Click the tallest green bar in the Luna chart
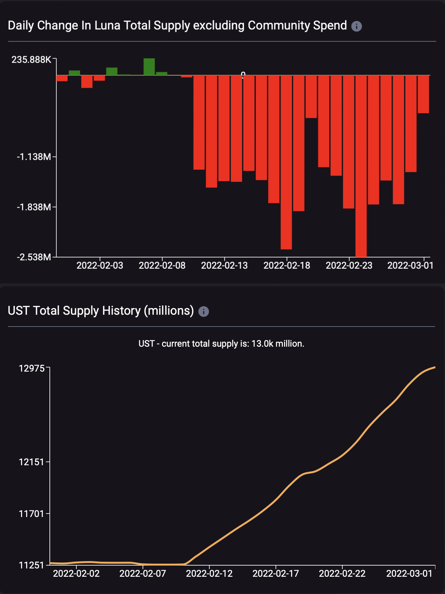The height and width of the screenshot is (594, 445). [x=149, y=67]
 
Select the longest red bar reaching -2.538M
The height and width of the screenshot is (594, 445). [x=361, y=166]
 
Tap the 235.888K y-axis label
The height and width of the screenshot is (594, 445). [x=31, y=60]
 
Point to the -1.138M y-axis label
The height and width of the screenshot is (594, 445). [x=34, y=157]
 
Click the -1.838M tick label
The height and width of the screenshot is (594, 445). [x=34, y=207]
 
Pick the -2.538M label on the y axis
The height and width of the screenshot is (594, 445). [x=34, y=257]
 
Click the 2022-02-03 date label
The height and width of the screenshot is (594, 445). [x=100, y=266]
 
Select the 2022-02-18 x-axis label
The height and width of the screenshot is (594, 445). [x=287, y=266]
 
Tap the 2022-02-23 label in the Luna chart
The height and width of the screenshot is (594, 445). [x=349, y=266]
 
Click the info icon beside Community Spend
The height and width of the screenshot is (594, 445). [x=357, y=26]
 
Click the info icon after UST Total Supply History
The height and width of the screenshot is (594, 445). [x=204, y=312]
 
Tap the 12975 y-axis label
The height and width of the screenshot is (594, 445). [x=32, y=368]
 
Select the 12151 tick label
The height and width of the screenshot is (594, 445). [x=32, y=462]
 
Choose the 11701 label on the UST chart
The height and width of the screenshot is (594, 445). [x=32, y=514]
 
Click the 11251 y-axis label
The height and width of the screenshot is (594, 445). [x=32, y=565]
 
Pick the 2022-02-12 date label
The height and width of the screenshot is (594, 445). [x=209, y=574]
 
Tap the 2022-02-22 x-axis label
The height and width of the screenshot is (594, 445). [x=342, y=574]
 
